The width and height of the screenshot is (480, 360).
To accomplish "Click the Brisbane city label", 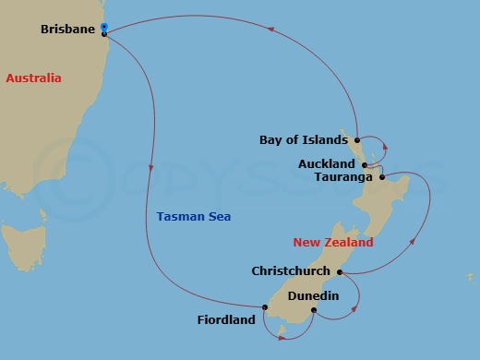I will (x=68, y=30).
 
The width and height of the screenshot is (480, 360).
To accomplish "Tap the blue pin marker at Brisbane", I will (x=104, y=28).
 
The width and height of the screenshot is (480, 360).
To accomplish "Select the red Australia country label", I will (x=33, y=78).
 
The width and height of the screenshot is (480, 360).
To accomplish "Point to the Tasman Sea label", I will (x=194, y=217).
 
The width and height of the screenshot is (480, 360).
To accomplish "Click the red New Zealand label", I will (x=333, y=243).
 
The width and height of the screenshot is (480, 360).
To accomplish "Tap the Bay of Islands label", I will (x=304, y=140).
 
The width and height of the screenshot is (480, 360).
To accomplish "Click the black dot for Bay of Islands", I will (x=355, y=140).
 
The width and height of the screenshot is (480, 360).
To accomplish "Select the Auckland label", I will (x=327, y=164).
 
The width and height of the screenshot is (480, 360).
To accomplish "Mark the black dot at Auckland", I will (x=366, y=165).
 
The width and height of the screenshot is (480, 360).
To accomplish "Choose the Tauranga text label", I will (x=343, y=176).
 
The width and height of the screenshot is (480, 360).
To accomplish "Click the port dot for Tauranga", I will (x=382, y=176).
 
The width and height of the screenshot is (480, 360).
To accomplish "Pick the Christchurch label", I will (x=292, y=271).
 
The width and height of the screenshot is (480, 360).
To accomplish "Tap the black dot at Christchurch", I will (x=340, y=272).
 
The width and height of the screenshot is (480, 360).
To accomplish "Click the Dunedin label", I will (x=313, y=295).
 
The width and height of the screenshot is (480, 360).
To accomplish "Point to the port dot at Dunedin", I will (x=315, y=310).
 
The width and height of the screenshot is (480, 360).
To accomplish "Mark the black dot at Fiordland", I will (x=264, y=307).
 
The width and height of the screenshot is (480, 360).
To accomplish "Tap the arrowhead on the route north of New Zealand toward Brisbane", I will (x=271, y=30).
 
